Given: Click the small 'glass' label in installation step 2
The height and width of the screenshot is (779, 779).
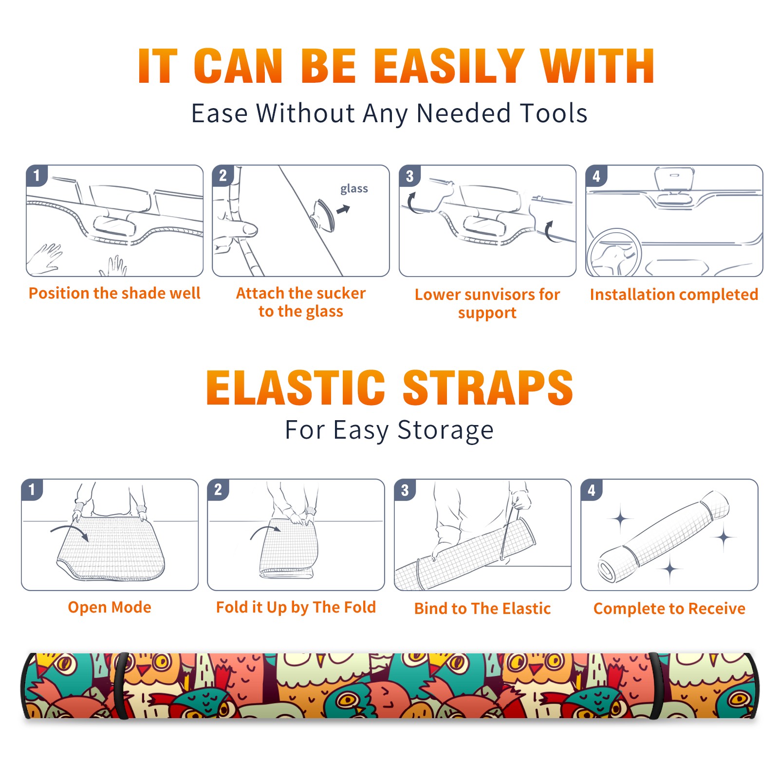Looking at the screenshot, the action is (354, 189).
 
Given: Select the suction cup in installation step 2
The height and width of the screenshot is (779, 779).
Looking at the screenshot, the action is (324, 215).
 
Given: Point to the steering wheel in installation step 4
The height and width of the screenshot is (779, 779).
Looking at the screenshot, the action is (614, 252).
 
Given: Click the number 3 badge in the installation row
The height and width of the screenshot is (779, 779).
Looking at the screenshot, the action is (409, 176).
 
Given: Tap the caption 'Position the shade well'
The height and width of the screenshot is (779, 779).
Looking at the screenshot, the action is (114, 293).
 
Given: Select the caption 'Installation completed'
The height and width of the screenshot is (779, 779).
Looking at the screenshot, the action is (674, 295).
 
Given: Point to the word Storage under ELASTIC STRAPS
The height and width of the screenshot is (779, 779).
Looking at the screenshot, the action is (445, 430).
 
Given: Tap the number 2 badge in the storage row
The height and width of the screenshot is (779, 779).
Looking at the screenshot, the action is (218, 489).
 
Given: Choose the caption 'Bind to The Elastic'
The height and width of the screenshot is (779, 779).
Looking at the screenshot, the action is (482, 609).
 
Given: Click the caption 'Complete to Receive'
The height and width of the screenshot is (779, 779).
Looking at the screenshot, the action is (669, 609).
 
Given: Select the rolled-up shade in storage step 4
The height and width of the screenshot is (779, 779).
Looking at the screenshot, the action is (664, 537).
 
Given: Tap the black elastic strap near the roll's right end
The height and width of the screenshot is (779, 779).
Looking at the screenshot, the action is (657, 686).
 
